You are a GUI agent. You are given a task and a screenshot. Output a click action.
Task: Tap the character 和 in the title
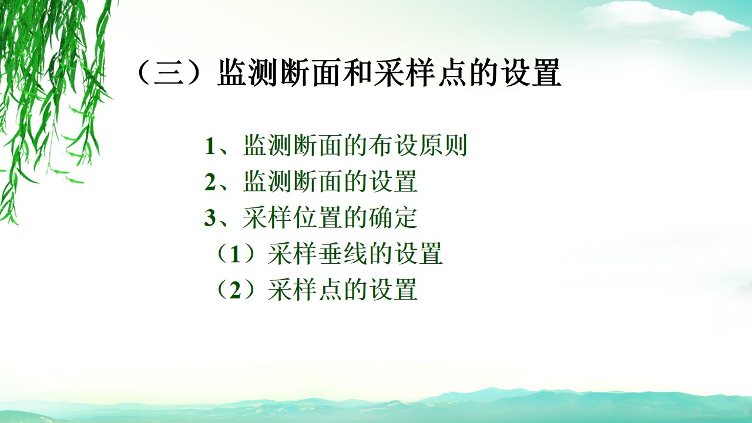pos(358,73)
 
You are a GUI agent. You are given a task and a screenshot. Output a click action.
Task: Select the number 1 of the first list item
pos(210,146)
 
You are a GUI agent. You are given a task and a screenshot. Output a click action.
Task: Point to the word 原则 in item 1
pos(443,146)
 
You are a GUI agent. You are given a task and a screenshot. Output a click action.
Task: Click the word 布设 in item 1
pos(393,146)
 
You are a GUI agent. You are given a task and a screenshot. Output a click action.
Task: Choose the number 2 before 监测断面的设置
pos(210,182)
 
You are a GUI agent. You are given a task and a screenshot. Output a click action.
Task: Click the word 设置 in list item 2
pos(393,182)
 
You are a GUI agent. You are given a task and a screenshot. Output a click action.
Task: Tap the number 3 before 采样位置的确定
pos(210,218)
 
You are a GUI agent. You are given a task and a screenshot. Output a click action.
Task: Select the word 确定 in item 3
pos(393,218)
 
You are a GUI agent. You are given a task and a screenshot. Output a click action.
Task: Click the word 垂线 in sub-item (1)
pos(343,254)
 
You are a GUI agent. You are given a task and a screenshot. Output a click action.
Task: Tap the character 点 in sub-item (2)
pos(330,290)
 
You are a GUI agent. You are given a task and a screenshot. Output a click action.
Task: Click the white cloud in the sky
pos(658,21)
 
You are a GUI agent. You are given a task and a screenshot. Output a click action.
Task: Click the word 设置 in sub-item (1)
pos(418,254)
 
